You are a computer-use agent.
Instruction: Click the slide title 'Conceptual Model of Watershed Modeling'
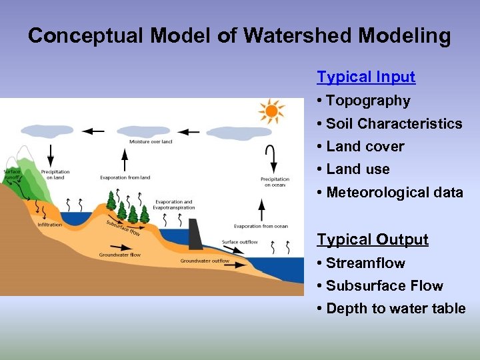pos(239,36)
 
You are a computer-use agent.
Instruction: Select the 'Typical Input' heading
pos(366,77)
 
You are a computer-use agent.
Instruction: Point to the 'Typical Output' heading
pos(373,239)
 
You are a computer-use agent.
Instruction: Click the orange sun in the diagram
pos(272,112)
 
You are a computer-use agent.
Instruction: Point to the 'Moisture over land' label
pos(151,141)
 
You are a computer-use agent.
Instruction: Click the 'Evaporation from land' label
pos(125,177)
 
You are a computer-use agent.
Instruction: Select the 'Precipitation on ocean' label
pos(275,181)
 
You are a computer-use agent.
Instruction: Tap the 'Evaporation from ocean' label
pos(261,226)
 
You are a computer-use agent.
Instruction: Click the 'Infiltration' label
pos(50,225)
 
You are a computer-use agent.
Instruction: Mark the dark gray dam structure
pos(196,233)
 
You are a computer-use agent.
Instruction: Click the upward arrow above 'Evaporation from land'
pos(125,160)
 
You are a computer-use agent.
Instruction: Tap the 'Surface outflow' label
pos(239,242)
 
